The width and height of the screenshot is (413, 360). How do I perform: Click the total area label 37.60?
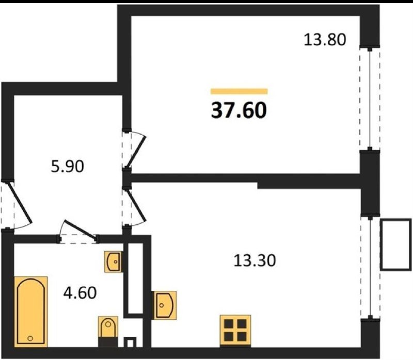tap(239, 110)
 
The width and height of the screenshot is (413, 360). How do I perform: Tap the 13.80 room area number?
tap(325, 40)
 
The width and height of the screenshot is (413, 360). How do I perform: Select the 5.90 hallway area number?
tap(68, 166)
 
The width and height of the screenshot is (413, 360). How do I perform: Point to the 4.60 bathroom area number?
tap(80, 292)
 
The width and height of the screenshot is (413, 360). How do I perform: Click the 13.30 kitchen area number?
tap(255, 260)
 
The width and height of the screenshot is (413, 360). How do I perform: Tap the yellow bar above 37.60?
tap(239, 91)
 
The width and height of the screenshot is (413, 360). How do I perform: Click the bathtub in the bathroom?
tap(31, 312)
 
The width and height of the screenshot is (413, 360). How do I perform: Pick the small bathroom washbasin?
tap(114, 261)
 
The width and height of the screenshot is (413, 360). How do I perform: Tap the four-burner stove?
tap(235, 331)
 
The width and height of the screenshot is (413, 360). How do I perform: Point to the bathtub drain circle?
tap(30, 338)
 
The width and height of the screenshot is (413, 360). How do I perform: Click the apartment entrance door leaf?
tap(20, 203)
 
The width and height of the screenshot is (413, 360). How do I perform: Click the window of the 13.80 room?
tap(370, 99)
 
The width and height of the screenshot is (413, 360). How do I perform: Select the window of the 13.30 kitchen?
tap(370, 268)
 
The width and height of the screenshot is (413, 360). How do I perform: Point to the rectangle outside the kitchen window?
tap(395, 245)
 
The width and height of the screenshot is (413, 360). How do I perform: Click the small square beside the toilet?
tap(130, 342)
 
